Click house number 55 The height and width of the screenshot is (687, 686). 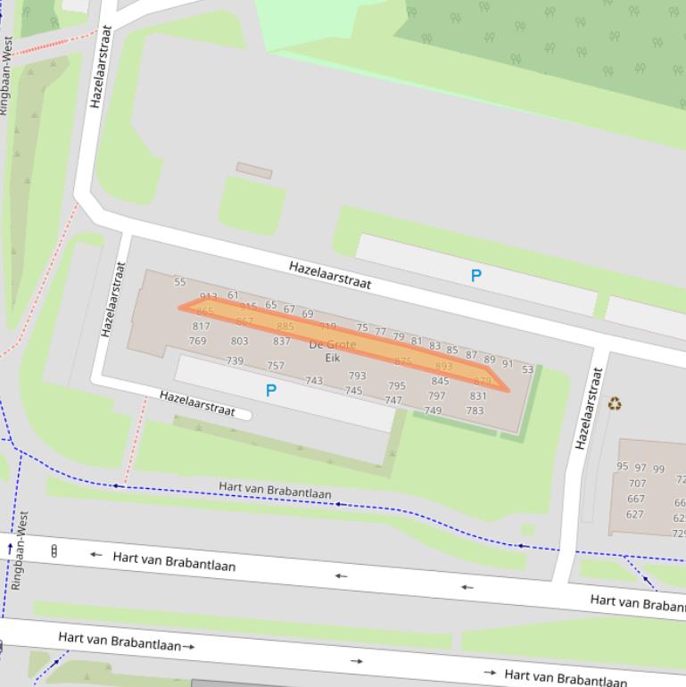point(180,282)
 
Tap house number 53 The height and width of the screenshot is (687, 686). point(527,369)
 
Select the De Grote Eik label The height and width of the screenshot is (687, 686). point(333,351)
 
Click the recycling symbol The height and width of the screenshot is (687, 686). point(615,404)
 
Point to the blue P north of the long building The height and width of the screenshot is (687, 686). point(475,276)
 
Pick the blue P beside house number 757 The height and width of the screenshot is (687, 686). point(271,390)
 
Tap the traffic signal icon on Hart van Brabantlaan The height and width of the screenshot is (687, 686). point(54,550)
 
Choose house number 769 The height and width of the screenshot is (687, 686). point(197,341)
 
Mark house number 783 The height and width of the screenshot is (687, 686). point(475,410)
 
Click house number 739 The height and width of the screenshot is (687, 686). point(235,360)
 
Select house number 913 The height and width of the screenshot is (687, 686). point(209,296)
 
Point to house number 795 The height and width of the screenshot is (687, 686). point(397,386)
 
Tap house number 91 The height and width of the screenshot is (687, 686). point(508,363)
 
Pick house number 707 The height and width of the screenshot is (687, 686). point(637,484)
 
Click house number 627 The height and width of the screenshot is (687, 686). point(634,514)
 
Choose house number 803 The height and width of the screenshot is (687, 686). point(239,341)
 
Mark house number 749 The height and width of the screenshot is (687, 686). point(433,410)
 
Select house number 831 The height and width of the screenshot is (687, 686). point(478,396)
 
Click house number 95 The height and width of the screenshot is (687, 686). point(622,467)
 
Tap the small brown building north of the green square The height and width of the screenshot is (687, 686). point(254,170)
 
